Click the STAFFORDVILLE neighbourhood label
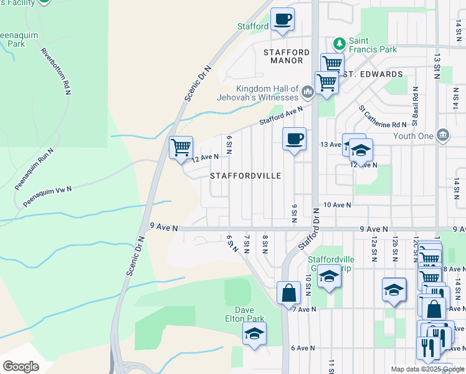coord(245,176)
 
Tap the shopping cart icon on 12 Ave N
coord(181,148)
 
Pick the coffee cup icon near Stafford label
coord(282,19)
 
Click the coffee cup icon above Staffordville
coord(294,138)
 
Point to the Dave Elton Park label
coord(249,314)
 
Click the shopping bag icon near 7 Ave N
coord(289,292)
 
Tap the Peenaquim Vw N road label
coord(48,196)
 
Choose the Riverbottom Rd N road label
coord(55,72)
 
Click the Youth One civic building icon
coord(443,135)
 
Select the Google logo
coord(21,367)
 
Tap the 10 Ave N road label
coord(337,205)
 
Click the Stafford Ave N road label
coord(281,115)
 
